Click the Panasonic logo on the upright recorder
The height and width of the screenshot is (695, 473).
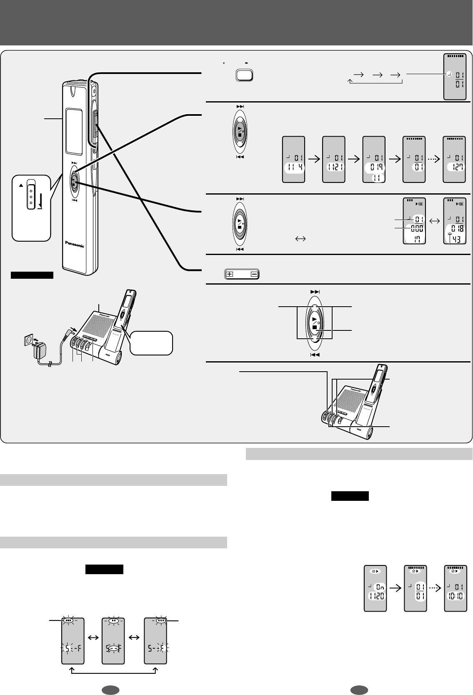(x=75, y=244)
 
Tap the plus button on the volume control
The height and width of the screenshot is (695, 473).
(x=230, y=275)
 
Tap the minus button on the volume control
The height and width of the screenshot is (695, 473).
(x=254, y=275)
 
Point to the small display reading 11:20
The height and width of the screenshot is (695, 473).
(x=375, y=588)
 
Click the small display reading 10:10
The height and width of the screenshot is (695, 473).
(x=455, y=588)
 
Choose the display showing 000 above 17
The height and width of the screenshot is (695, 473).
(x=414, y=220)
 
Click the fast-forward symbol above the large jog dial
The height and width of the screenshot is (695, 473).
(x=315, y=292)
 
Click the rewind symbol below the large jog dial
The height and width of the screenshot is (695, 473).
(x=315, y=355)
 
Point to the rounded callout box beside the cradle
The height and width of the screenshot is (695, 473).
(x=151, y=342)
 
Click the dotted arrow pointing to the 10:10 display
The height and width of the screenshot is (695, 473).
(x=435, y=588)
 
